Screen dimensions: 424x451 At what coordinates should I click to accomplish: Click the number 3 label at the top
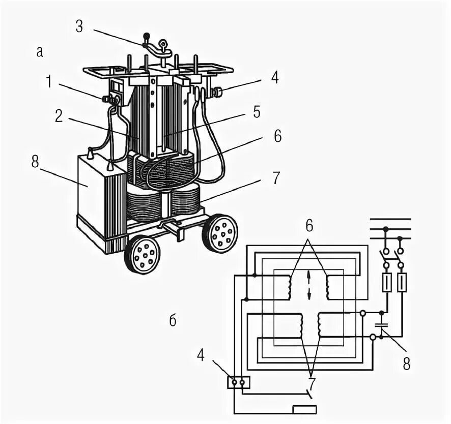pyautogui.click(x=79, y=26)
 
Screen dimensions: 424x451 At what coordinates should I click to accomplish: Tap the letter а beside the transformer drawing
pyautogui.click(x=40, y=51)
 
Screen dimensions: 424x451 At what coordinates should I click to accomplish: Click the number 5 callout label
pyautogui.click(x=257, y=112)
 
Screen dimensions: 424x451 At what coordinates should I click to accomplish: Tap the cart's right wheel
pyautogui.click(x=220, y=233)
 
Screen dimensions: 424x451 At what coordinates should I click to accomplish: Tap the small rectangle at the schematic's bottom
pyautogui.click(x=304, y=409)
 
